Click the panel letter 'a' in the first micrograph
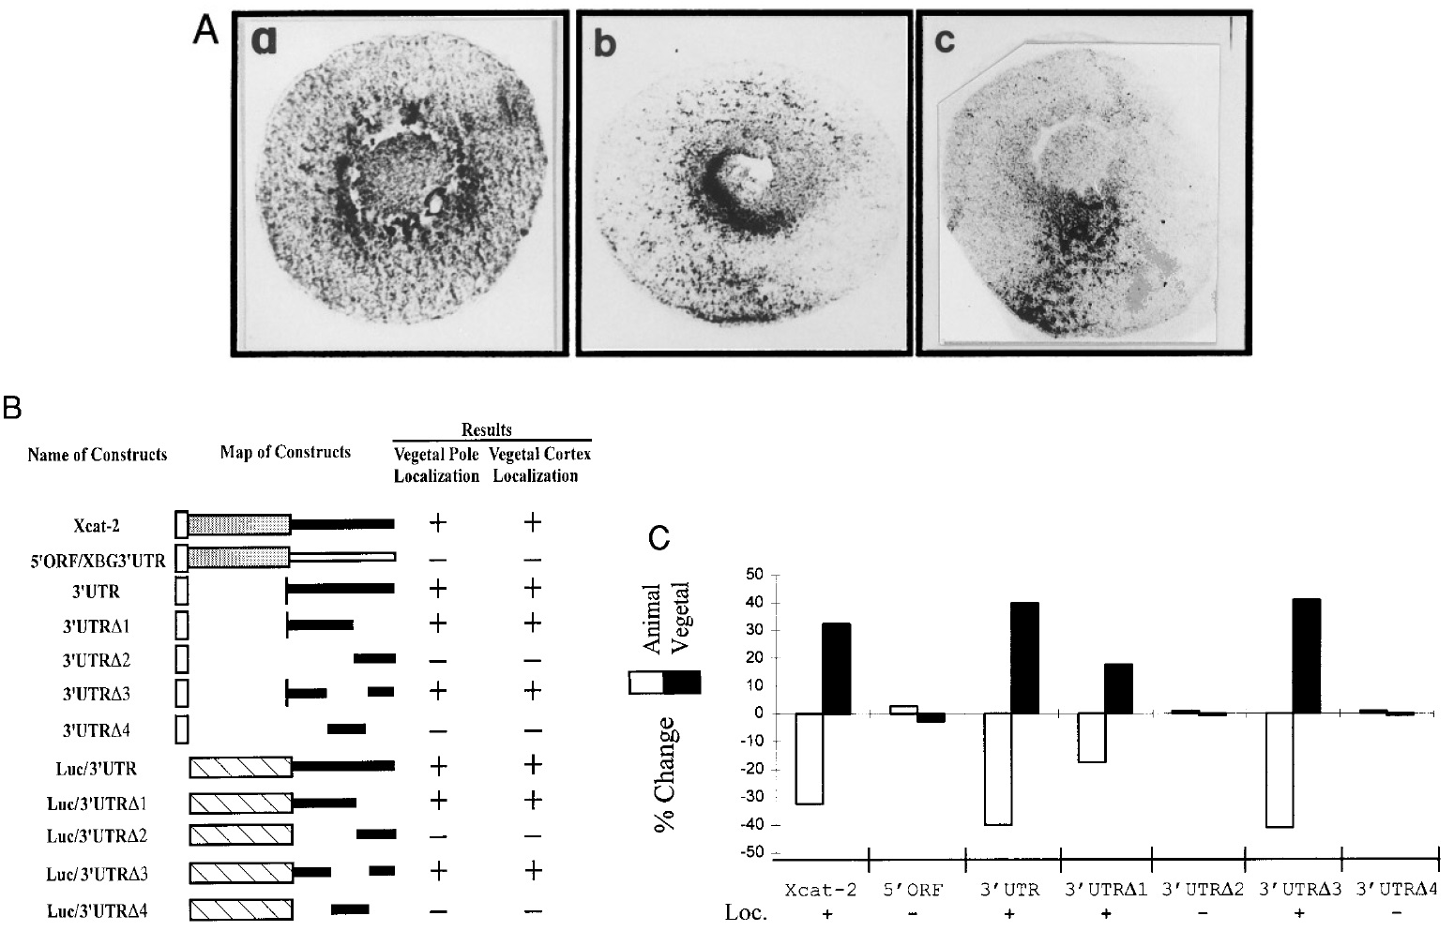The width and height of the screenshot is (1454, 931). pos(264,40)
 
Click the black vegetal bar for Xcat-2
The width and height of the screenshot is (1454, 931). pos(836,668)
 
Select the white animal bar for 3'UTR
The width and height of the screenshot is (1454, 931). pos(997,769)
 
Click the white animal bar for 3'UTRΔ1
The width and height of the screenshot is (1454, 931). pos(1091,737)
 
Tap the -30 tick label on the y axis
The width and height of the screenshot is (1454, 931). pos(751,797)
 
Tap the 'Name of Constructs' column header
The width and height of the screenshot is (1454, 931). pos(98,455)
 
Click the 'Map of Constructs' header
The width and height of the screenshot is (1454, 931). pos(285,452)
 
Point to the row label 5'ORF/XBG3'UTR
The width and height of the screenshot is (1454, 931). pos(98,562)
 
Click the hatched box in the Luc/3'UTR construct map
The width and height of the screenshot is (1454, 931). pos(241,768)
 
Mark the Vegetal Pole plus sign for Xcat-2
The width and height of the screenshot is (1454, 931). pos(436,522)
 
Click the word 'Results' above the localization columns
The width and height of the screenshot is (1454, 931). pos(487,429)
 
